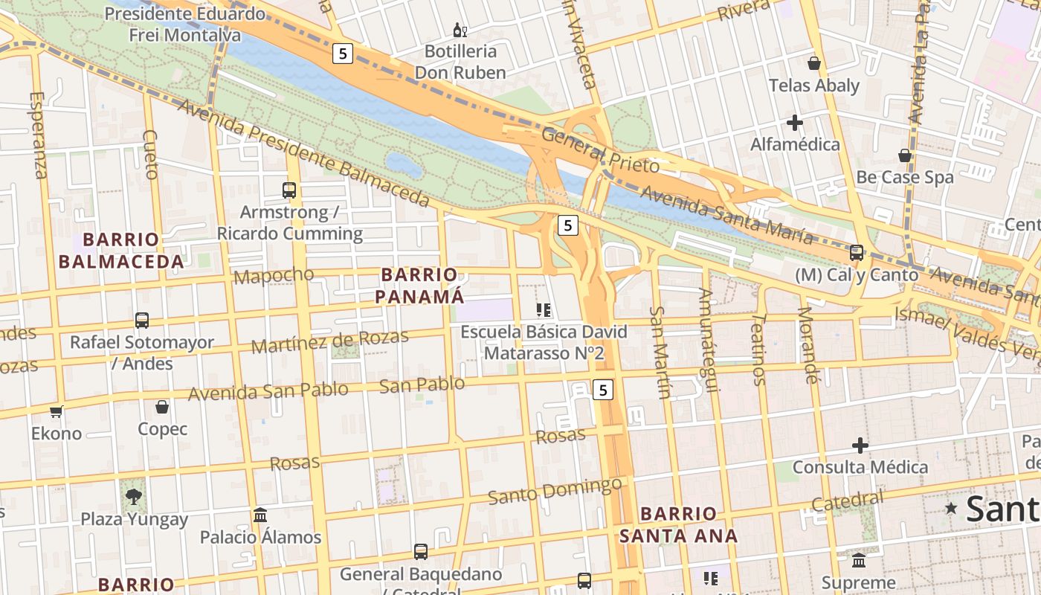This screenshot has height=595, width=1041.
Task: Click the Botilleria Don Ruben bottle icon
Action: [460, 30]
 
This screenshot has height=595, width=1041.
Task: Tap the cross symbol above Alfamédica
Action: [795, 123]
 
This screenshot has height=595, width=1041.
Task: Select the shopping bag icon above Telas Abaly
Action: [814, 63]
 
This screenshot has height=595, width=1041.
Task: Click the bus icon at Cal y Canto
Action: [857, 253]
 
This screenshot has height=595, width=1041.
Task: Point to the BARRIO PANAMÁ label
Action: [419, 286]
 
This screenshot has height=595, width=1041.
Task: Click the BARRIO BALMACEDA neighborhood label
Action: [121, 251]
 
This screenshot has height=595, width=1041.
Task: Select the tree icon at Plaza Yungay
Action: [134, 497]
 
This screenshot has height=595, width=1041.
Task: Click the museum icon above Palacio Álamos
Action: [260, 515]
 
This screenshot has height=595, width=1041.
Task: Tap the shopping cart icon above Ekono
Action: [57, 411]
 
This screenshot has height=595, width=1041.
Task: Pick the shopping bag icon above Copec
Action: [162, 407]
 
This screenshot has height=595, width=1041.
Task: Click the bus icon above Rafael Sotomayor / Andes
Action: [142, 321]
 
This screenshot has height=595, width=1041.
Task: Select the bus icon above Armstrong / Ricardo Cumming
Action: [289, 190]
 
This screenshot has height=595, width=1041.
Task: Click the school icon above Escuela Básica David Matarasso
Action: [544, 309]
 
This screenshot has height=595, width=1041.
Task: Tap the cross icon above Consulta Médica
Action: [860, 446]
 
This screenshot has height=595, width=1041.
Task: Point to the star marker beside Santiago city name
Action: [951, 508]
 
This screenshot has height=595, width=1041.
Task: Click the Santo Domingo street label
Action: [555, 491]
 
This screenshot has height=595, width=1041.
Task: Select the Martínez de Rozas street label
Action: [329, 341]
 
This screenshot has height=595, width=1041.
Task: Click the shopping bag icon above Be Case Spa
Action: [905, 155]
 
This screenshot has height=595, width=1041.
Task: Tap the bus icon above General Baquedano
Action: [421, 552]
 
